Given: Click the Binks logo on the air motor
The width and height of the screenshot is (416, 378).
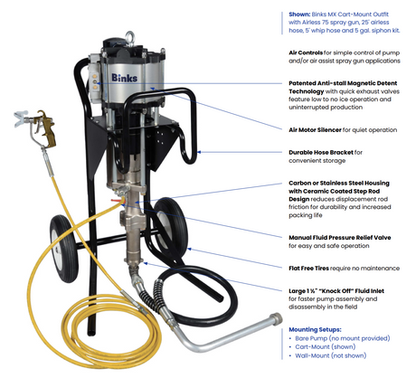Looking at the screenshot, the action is point(124,78).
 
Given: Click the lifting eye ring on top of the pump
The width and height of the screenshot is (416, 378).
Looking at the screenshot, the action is point(130,35).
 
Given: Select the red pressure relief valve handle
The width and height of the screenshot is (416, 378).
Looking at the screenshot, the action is point(116,200).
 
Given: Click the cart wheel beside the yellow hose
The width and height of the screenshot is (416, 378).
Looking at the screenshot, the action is point(64,249).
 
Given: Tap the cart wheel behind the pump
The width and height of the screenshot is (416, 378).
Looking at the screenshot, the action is point(170,227).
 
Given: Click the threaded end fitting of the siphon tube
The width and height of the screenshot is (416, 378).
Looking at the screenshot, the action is point(276,319).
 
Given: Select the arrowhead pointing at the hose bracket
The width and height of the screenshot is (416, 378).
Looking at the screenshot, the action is point(199,152).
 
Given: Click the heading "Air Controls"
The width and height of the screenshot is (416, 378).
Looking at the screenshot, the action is point(306,52).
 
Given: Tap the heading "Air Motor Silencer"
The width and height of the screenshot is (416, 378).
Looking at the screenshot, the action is point(315,130).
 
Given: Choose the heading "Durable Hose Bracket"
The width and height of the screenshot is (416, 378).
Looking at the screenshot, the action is point(321,153).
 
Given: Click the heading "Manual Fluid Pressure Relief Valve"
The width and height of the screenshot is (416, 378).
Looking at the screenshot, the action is point(340,238).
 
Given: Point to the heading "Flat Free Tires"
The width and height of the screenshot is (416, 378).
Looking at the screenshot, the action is point(308,269).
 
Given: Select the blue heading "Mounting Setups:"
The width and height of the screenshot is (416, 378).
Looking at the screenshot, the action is point(315,329).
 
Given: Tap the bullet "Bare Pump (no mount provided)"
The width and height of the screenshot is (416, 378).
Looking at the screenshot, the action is point(343,338).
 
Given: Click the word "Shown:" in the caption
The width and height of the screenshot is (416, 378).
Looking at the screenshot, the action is point(299,14).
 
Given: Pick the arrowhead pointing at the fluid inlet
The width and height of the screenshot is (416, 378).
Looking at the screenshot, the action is point(146,263).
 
